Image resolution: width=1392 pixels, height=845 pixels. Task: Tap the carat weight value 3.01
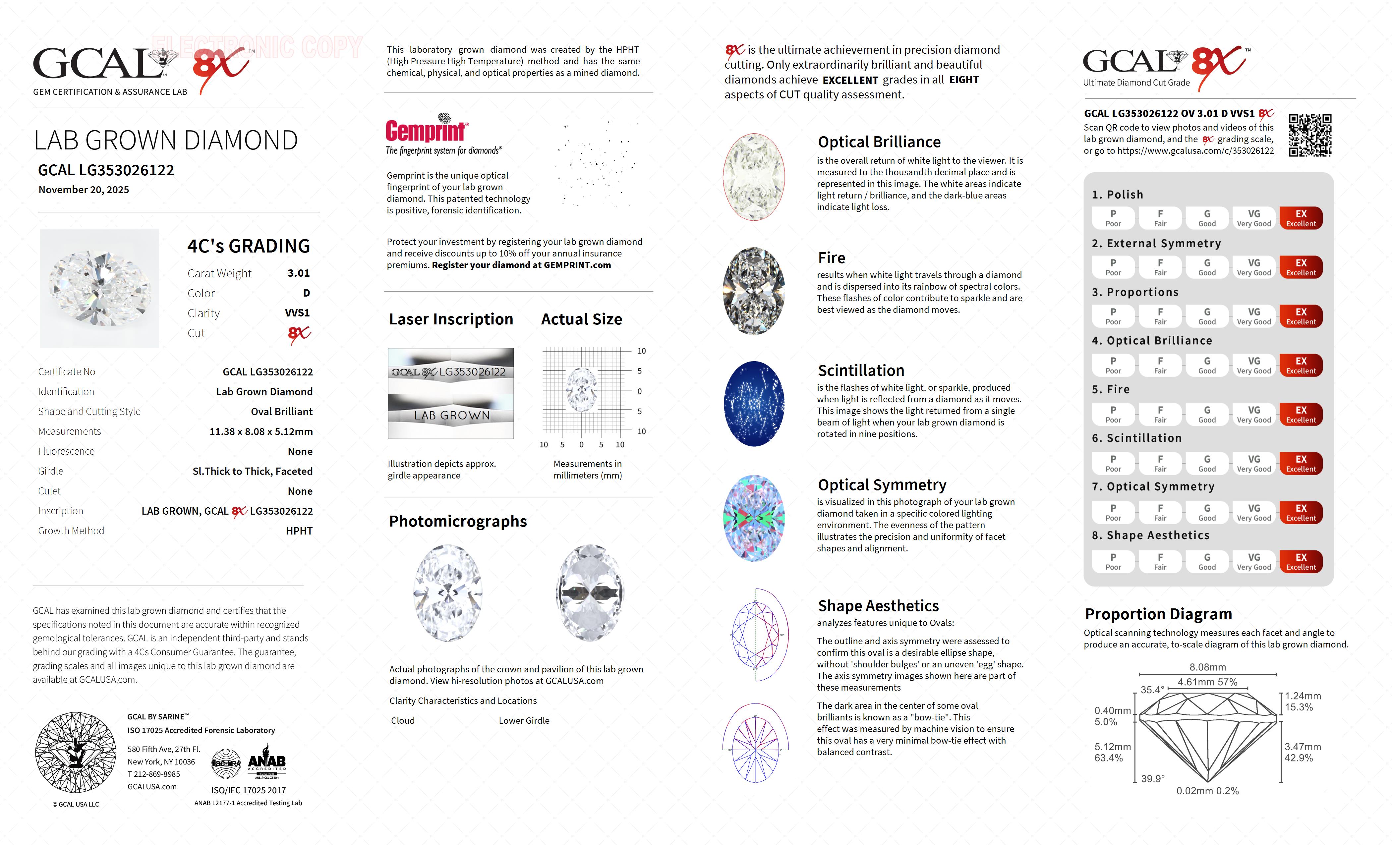pos(298,273)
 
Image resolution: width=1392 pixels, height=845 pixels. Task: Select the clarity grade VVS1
pos(297,313)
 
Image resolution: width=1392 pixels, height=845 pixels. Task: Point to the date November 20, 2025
pos(84,190)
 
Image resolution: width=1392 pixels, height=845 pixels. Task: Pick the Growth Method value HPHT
pos(299,531)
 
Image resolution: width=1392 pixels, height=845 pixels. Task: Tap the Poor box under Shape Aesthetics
pos(1113,561)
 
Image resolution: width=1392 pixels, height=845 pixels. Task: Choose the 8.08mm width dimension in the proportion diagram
pos(1207,667)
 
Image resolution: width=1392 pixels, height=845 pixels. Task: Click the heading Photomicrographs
pos(458,521)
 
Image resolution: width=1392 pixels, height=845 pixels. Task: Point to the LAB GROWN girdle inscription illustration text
pos(451,415)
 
